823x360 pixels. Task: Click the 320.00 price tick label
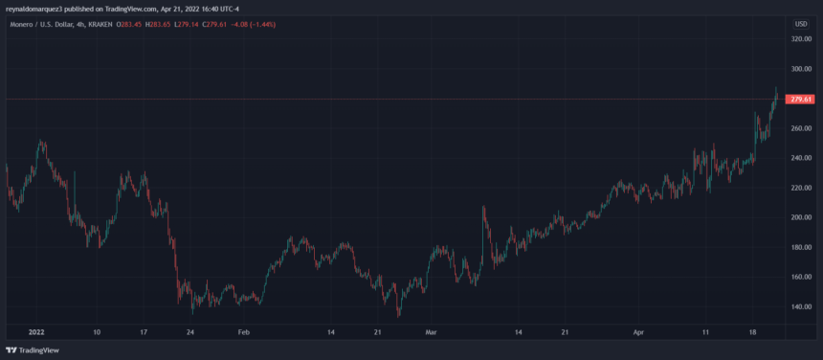pos(801,39)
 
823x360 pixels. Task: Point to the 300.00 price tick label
pos(801,69)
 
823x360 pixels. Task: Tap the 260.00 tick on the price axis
pos(801,128)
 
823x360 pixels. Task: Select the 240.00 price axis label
pos(801,158)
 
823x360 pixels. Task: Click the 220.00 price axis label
pos(801,188)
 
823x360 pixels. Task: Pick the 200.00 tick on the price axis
pos(801,217)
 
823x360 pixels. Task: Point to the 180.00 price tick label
pos(801,247)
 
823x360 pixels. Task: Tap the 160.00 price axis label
pos(801,277)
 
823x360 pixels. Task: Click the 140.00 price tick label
pos(801,306)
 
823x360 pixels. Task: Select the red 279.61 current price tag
pos(800,100)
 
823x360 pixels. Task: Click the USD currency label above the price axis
pos(801,23)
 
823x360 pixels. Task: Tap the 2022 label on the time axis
pos(36,331)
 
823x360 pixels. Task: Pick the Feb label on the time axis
pos(243,331)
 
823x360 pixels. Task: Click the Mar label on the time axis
pos(432,331)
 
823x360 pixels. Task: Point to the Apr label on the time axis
pos(638,331)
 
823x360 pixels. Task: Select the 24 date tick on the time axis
pos(191,331)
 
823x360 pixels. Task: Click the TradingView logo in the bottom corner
pos(33,350)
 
